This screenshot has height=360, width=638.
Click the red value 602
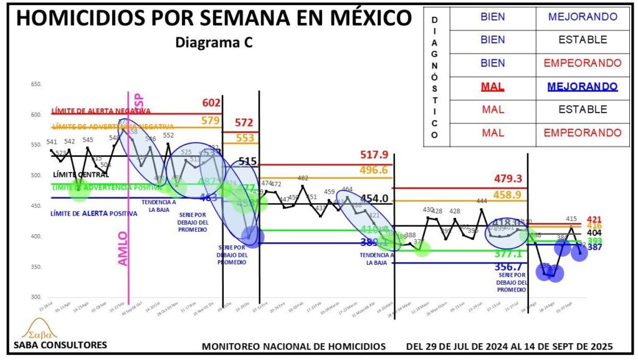point(212,103)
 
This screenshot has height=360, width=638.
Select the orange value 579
point(212,120)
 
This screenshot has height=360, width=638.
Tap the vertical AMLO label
point(122,249)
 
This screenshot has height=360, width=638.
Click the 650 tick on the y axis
point(36,84)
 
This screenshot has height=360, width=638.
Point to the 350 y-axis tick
point(36,267)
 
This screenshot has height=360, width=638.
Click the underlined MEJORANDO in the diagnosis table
point(583,87)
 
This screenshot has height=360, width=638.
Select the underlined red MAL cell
point(493,87)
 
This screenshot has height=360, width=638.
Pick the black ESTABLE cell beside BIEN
point(583,40)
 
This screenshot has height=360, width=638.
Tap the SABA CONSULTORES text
point(60,344)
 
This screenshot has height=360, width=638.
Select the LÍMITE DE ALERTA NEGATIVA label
point(101,110)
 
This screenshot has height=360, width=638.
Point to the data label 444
point(482,201)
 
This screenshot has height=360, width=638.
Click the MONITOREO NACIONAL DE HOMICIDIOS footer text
point(294,346)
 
